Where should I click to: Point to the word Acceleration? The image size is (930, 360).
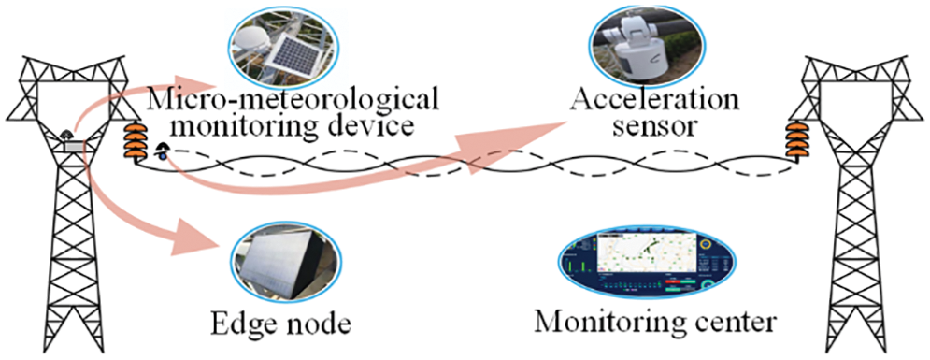(x=654, y=100)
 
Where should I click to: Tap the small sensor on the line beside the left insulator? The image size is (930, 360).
(x=163, y=151)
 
